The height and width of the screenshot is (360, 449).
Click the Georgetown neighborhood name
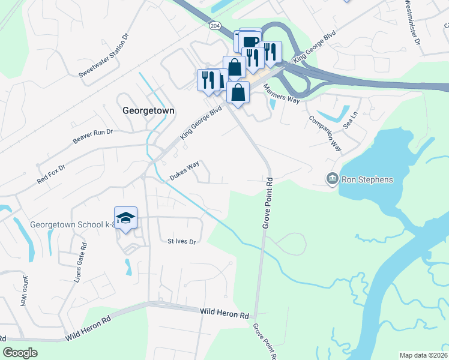point(148,111)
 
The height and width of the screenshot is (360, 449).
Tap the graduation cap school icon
point(126,218)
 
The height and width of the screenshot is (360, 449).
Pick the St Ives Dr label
point(182,242)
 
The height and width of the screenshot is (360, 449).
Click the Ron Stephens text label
point(367,179)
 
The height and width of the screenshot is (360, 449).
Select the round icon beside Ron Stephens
point(332,179)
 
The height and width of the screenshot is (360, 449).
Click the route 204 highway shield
point(215,26)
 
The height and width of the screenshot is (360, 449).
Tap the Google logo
point(20,353)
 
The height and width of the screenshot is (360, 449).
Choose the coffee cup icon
point(251,41)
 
